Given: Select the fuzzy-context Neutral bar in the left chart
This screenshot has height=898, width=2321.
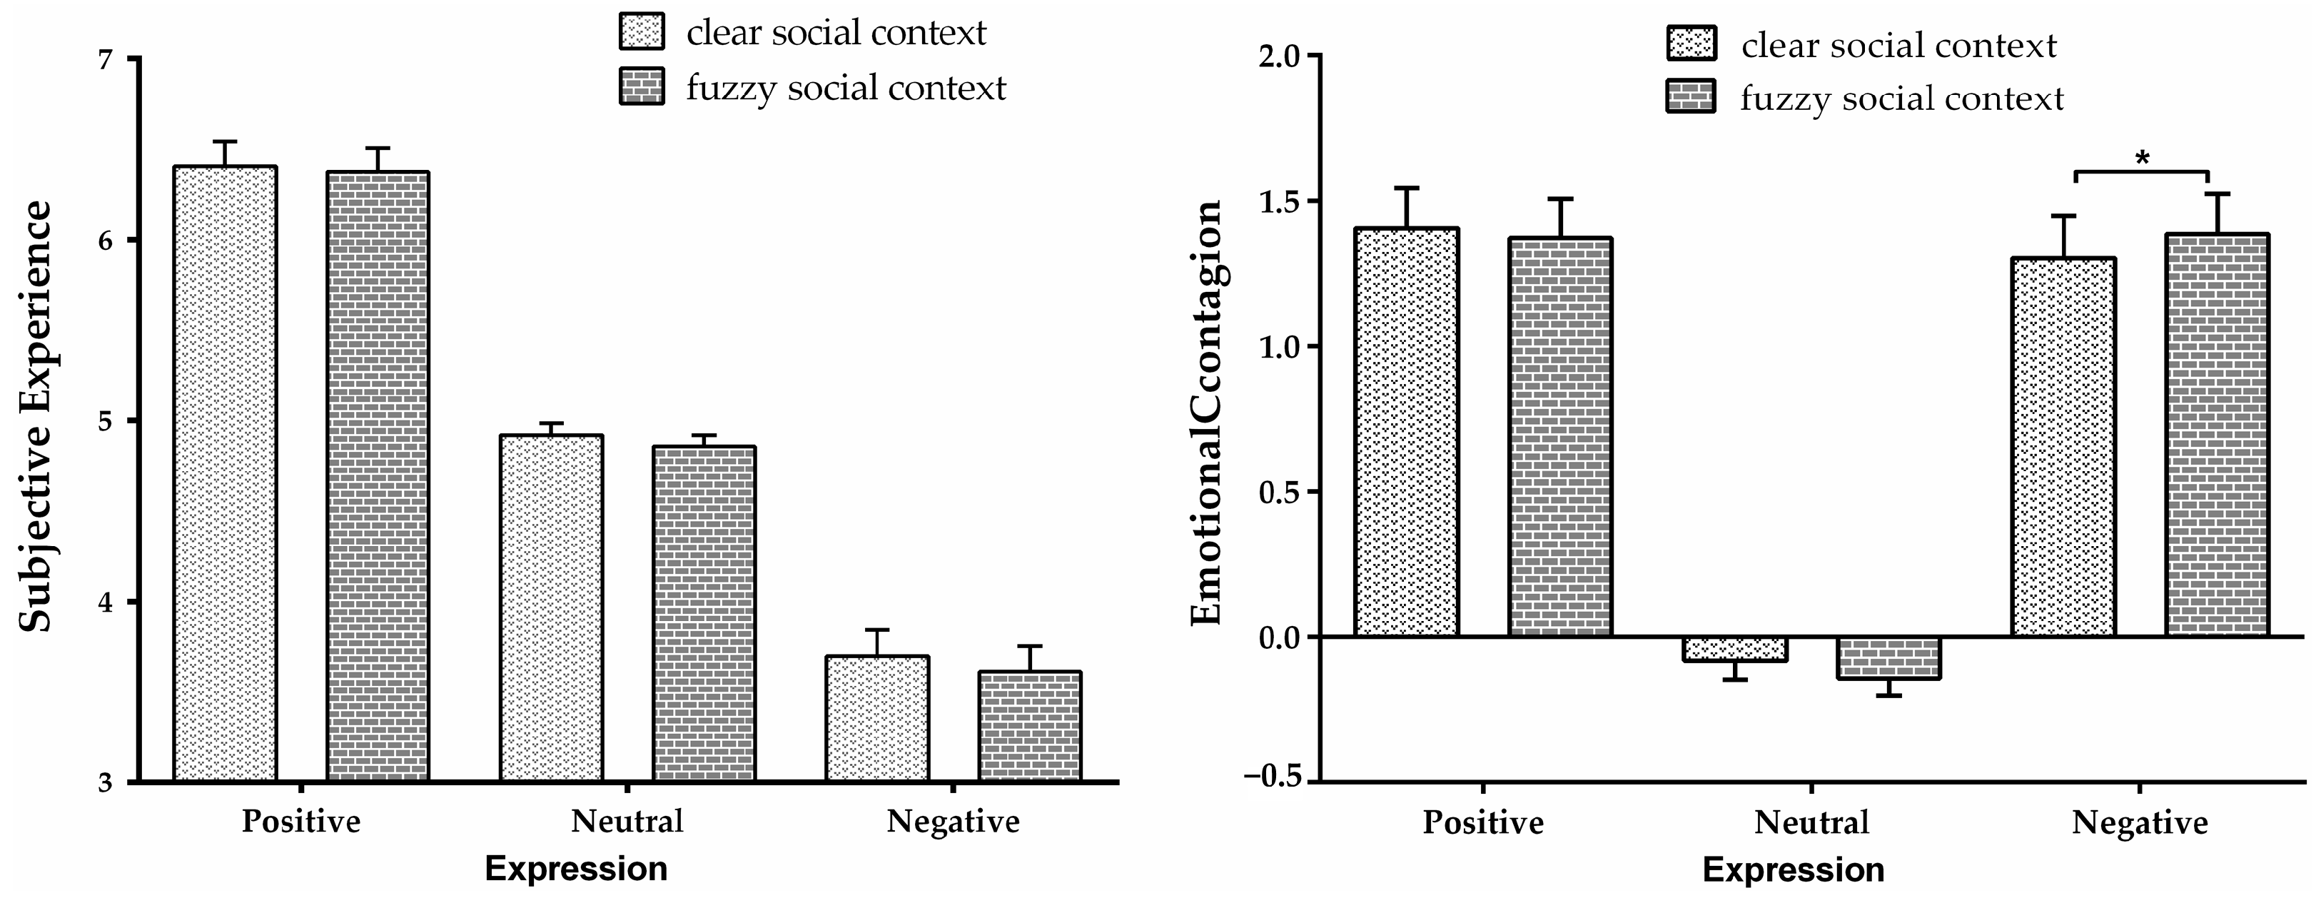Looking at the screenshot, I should point(704,613).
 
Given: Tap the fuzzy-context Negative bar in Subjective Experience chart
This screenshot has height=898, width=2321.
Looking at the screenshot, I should point(1030,726).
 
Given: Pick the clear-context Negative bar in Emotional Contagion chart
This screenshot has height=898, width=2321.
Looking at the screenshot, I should point(2063,447).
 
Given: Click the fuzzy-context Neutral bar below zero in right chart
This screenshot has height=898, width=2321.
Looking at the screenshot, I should point(1888,658).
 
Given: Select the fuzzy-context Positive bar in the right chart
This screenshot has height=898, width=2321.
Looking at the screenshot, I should point(1561,438).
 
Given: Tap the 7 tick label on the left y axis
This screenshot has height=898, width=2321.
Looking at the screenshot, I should point(106,59).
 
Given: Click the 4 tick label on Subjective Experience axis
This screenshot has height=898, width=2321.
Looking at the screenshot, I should point(106,602).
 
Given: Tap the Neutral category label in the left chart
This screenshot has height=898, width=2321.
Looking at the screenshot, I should point(627,822).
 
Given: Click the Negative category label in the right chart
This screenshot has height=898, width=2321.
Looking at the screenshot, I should point(2139,823).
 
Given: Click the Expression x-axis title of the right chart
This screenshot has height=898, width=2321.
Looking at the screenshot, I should point(1793,870).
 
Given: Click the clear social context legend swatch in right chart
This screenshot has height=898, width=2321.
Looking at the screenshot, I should point(1692,44).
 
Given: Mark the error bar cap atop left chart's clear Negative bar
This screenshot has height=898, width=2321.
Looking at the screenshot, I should point(876,630).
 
